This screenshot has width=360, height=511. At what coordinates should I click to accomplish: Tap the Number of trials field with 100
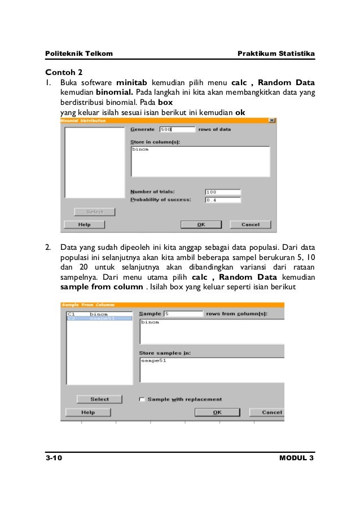222,191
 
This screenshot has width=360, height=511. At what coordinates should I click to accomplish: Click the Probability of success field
222,199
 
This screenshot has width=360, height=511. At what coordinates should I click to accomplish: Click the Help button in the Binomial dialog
85,224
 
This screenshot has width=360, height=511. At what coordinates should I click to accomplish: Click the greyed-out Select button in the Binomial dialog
95,212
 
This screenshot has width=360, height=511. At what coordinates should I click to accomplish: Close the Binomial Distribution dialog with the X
272,120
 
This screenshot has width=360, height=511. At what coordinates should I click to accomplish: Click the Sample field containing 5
183,314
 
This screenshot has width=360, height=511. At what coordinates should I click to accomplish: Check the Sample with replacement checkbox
142,399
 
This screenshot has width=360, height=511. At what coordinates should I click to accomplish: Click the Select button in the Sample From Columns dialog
99,399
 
